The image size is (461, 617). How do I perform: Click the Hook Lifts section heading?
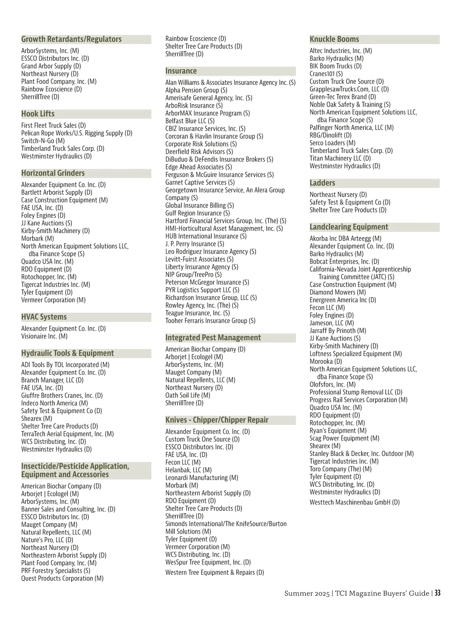coord(38,114)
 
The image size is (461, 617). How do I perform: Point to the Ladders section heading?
coord(322,183)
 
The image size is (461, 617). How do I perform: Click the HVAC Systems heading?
coord(44,317)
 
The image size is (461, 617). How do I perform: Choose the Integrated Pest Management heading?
coord(213,338)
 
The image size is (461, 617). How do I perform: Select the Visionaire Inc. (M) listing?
coord(44,336)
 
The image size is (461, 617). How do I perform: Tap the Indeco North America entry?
coord(55,403)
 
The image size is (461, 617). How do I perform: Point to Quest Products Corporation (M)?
coord(62,578)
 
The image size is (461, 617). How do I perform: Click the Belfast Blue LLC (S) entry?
coord(190,121)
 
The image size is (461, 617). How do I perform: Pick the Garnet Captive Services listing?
coord(200,182)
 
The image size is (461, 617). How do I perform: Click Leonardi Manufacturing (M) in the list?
coord(202,478)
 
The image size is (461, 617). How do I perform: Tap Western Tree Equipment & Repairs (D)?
coord(215,572)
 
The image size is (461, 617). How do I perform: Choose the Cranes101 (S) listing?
coord(326,74)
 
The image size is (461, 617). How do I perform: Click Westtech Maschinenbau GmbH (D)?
coord(355,502)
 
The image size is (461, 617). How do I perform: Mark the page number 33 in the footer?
coord(438,593)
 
